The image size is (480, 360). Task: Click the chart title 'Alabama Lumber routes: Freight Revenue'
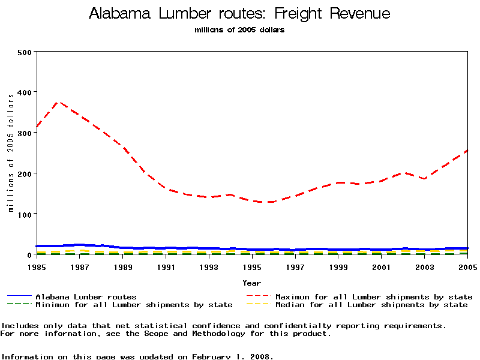click(x=239, y=14)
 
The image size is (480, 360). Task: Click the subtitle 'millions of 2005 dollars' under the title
click(x=239, y=30)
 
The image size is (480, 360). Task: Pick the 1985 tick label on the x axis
click(x=37, y=266)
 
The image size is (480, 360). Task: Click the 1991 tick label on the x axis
click(x=166, y=266)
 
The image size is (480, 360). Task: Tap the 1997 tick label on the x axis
click(x=295, y=266)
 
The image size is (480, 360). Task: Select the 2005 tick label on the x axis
click(x=467, y=266)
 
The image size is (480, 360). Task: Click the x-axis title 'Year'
click(x=251, y=283)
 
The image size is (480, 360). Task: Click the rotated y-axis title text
click(x=11, y=153)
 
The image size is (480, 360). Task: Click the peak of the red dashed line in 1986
click(x=58, y=102)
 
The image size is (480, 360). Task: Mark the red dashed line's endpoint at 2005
click(x=467, y=151)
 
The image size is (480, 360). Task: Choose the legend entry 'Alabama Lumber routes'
click(x=86, y=297)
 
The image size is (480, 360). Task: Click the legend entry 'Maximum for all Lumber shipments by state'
click(x=374, y=297)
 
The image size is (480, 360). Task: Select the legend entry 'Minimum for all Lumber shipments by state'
click(x=134, y=305)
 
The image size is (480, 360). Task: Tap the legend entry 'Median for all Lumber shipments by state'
click(x=371, y=305)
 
